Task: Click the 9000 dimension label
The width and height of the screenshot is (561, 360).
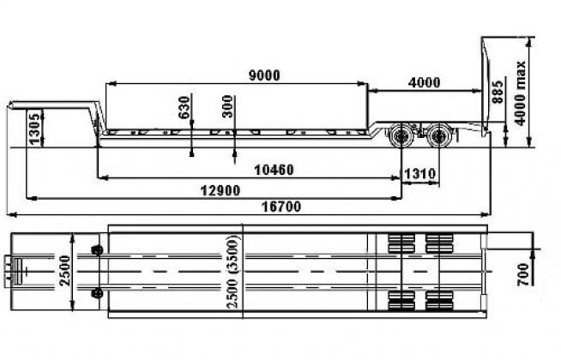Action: click(264, 75)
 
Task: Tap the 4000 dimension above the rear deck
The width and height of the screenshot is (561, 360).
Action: click(424, 83)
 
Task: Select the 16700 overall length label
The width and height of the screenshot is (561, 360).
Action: click(281, 207)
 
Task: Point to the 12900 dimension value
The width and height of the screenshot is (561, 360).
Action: click(220, 190)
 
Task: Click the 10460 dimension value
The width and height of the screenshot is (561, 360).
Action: click(274, 170)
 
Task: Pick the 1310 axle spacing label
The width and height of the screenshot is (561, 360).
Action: click(420, 174)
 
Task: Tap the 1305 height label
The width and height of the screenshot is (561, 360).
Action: click(35, 128)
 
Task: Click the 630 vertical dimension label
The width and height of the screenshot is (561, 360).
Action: click(184, 107)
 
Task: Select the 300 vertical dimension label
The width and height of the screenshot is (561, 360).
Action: click(227, 106)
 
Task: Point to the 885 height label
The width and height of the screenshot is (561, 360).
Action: click(498, 92)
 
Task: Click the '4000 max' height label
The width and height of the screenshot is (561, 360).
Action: click(520, 93)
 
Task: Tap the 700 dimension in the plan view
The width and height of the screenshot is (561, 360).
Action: click(523, 274)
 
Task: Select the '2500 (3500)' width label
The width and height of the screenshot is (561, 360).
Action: click(232, 272)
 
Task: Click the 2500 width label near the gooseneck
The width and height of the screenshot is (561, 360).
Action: click(65, 270)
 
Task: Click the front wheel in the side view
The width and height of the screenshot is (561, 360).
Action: click(401, 135)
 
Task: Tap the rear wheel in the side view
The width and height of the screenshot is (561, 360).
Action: click(438, 135)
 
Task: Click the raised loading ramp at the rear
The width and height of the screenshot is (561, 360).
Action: click(486, 86)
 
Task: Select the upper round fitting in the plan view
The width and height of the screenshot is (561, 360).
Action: click(97, 250)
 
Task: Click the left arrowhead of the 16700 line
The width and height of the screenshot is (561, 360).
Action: click(12, 214)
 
